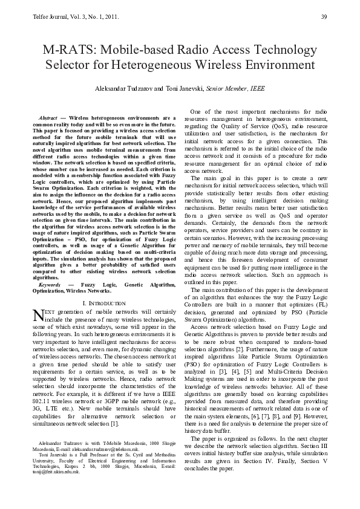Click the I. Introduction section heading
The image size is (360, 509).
(x=103, y=303)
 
